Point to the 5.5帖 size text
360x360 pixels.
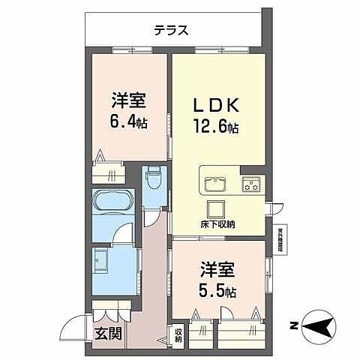click(218, 290)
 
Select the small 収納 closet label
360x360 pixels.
click(178, 334)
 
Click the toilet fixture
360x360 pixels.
click(154, 180)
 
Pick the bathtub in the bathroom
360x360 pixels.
click(114, 205)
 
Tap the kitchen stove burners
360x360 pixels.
click(250, 183)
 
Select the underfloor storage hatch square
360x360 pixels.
click(216, 208)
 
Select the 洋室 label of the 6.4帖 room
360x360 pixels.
click(129, 99)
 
